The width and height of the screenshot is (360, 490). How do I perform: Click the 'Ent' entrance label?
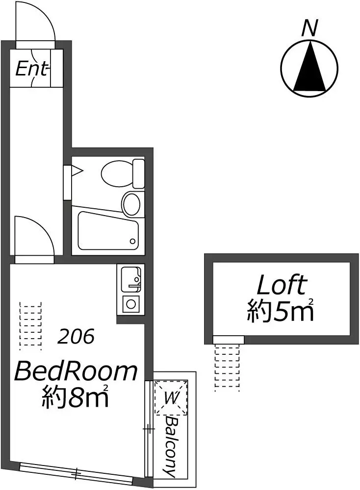32,69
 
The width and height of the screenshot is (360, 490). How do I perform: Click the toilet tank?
139,173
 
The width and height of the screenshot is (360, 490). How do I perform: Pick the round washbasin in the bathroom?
131,204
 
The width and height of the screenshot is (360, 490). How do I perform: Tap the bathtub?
108,231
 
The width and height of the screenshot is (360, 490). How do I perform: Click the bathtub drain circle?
132,241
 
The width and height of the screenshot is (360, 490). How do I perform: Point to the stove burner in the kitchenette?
130,303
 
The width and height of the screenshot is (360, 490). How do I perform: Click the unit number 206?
76,337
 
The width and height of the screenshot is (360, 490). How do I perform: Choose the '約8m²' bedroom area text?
75,396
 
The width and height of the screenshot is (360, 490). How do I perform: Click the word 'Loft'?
281,285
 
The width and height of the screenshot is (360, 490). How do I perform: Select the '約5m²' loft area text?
281,310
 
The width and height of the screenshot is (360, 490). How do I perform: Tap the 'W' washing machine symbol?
171,398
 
